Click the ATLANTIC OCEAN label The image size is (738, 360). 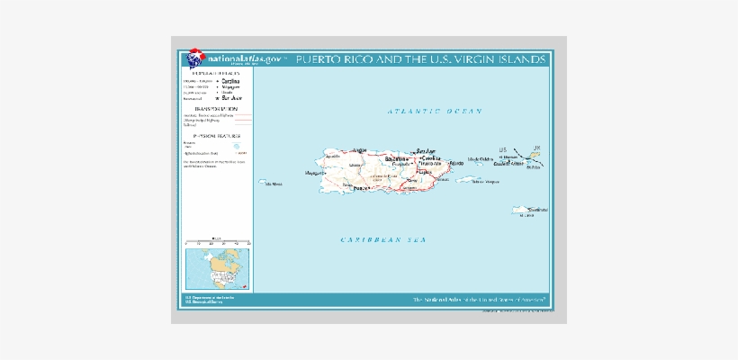click(435, 111)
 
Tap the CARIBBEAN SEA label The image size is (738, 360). click(383, 240)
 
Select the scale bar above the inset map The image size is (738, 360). click(217, 242)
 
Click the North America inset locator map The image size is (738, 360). click(217, 267)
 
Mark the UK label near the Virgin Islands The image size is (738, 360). click(538, 148)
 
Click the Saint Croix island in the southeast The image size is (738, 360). click(525, 211)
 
